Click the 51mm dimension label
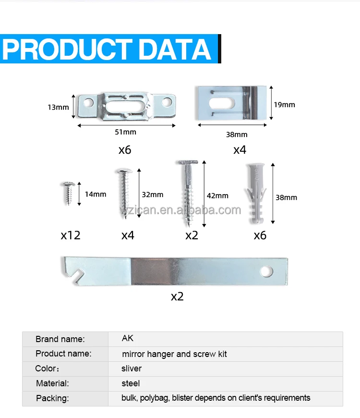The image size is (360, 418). click(x=126, y=132)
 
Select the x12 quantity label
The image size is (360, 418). click(x=71, y=235)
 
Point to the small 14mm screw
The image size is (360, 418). click(x=68, y=193)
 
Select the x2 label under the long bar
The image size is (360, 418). click(x=177, y=296)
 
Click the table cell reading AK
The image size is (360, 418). click(x=127, y=338)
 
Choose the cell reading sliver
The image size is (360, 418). click(x=132, y=369)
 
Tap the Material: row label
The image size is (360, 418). click(x=52, y=383)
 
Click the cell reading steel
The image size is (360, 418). click(x=131, y=383)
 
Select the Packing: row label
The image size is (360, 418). click(x=52, y=398)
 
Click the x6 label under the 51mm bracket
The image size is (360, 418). click(x=125, y=150)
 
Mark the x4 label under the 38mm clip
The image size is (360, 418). click(x=240, y=150)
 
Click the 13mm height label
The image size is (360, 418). click(x=58, y=107)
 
